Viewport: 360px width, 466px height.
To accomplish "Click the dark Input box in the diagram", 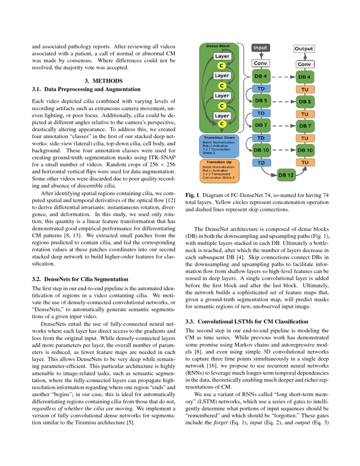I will click(260, 48).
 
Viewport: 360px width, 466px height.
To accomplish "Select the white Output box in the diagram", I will click(304, 49).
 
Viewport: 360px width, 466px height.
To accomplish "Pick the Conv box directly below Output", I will click(304, 64).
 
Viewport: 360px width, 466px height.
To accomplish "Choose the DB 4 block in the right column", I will click(304, 77).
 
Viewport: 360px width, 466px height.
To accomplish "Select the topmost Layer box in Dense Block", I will click(222, 56).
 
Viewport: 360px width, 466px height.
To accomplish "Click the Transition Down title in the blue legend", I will click(219, 138).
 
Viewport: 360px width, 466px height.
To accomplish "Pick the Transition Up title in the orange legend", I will click(219, 162).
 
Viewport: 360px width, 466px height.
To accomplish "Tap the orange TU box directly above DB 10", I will click(304, 138).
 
